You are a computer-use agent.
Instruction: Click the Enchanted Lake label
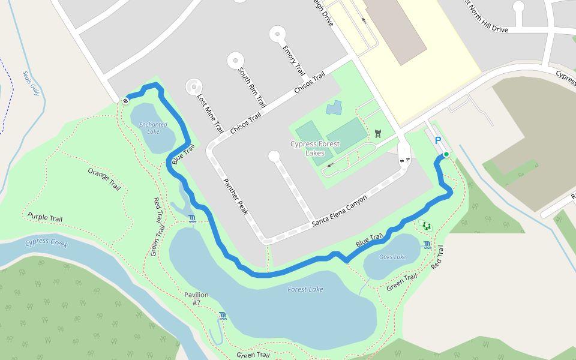coord(153,128)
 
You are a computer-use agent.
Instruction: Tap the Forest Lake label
coord(305,289)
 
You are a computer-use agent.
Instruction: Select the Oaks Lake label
coord(393,257)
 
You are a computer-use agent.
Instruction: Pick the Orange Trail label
coord(104,179)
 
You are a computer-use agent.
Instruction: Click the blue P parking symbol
coord(438,140)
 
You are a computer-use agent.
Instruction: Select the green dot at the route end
coord(446,154)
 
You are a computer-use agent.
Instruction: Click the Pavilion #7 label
coord(196,298)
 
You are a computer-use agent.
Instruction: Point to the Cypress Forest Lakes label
coord(315,148)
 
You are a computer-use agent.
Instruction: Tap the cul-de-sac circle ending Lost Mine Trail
coord(194,86)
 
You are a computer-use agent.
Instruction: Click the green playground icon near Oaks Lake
coord(427,226)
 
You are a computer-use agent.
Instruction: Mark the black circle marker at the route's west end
coord(126,100)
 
